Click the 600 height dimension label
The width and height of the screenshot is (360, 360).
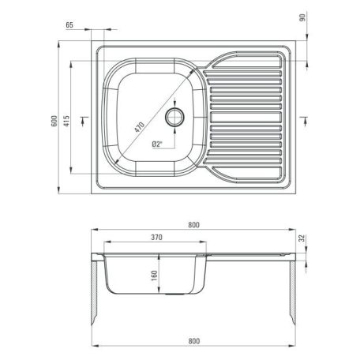click(54, 121)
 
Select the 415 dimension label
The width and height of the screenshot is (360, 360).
click(66, 121)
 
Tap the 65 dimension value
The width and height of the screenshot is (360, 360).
click(69, 25)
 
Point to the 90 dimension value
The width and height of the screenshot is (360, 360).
click(302, 17)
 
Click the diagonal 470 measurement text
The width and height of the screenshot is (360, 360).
click(139, 127)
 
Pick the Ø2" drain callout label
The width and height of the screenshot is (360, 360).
click(157, 144)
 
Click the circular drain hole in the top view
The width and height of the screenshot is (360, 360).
click(174, 117)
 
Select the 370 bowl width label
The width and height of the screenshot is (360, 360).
click(156, 238)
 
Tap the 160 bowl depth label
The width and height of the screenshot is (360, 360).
click(154, 276)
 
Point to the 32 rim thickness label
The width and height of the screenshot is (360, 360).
click(302, 238)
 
